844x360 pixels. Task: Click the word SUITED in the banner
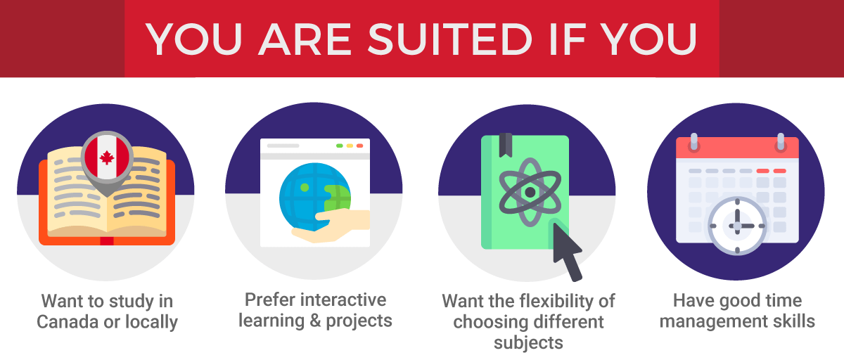pos(450,39)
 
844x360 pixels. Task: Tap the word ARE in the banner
pos(305,39)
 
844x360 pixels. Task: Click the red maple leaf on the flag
pos(107,157)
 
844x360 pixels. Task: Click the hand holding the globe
pos(331,226)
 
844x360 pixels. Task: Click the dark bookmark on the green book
pos(506,145)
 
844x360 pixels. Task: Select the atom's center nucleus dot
pos(530,192)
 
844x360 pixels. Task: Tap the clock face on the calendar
pos(737,226)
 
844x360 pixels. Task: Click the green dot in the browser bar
pos(340,146)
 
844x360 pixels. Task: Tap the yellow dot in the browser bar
pos(350,146)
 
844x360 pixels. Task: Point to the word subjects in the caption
pos(528,343)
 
